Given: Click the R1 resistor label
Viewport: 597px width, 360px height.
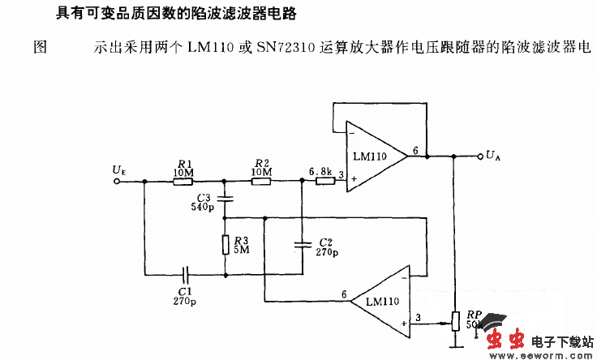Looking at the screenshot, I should (x=183, y=163).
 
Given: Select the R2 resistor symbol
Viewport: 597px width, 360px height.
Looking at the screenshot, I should (x=261, y=182).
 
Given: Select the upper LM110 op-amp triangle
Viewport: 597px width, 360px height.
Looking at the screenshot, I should (x=376, y=156).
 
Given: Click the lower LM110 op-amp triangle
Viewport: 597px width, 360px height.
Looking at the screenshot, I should (x=380, y=300).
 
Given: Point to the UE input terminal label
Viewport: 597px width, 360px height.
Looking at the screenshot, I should (x=119, y=169).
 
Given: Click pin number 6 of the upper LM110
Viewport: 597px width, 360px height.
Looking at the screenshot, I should (x=415, y=150).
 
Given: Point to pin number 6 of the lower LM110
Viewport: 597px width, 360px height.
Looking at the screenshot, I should (x=344, y=294).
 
